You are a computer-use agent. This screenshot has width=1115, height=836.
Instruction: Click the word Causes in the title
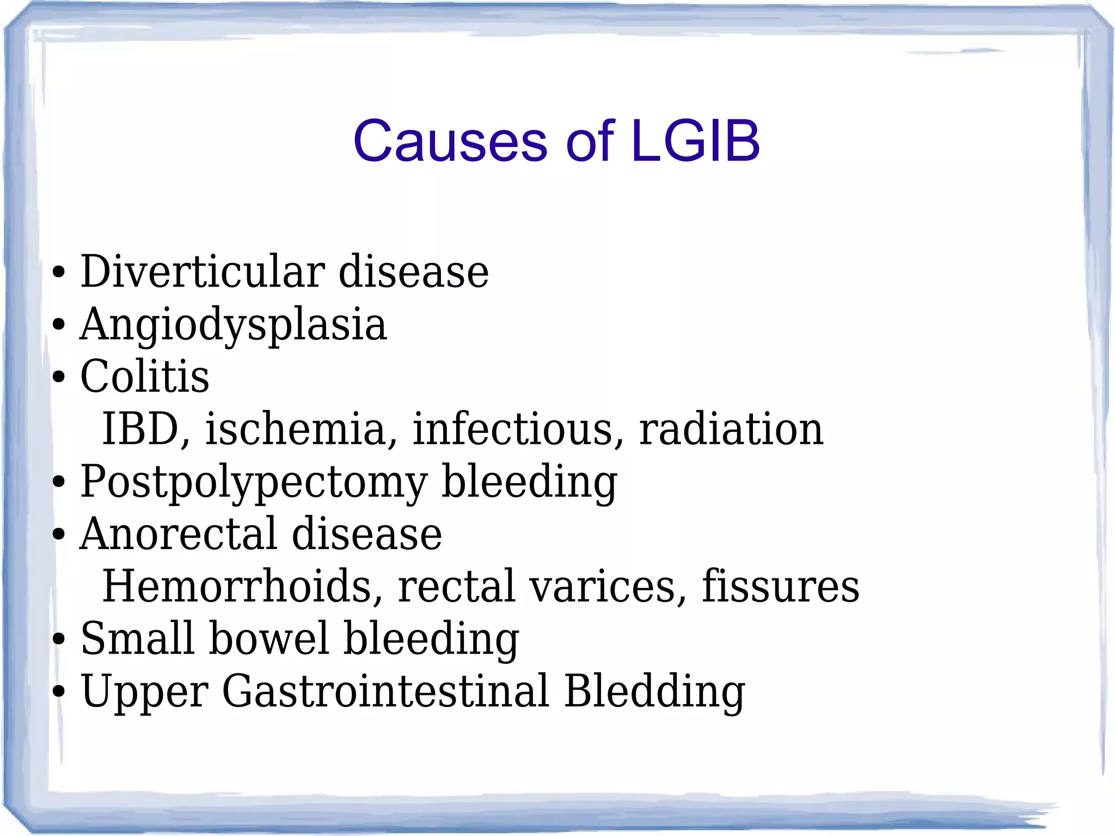(450, 141)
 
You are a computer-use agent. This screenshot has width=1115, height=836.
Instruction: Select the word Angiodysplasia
(233, 325)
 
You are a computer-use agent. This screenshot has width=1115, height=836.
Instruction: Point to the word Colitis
(144, 376)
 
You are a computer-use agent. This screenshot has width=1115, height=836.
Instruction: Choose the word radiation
(731, 429)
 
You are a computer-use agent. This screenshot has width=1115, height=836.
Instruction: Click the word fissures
(780, 586)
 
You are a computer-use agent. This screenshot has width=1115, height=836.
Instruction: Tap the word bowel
(269, 638)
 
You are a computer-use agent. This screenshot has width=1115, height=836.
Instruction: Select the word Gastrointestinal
(385, 691)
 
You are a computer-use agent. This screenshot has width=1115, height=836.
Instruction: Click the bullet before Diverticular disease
(58, 272)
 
